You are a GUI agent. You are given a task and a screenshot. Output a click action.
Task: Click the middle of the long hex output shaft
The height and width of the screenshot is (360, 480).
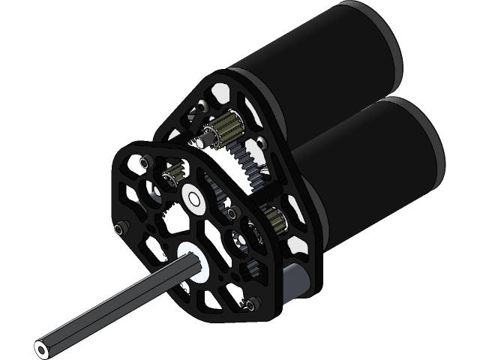click(x=112, y=307)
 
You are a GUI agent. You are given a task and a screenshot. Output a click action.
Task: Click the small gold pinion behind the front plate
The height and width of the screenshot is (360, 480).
click(x=172, y=178)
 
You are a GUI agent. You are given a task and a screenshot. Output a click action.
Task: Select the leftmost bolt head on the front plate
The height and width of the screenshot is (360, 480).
click(x=120, y=226)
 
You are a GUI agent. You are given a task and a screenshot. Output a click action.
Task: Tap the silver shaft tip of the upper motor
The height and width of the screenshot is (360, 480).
click(x=203, y=139)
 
